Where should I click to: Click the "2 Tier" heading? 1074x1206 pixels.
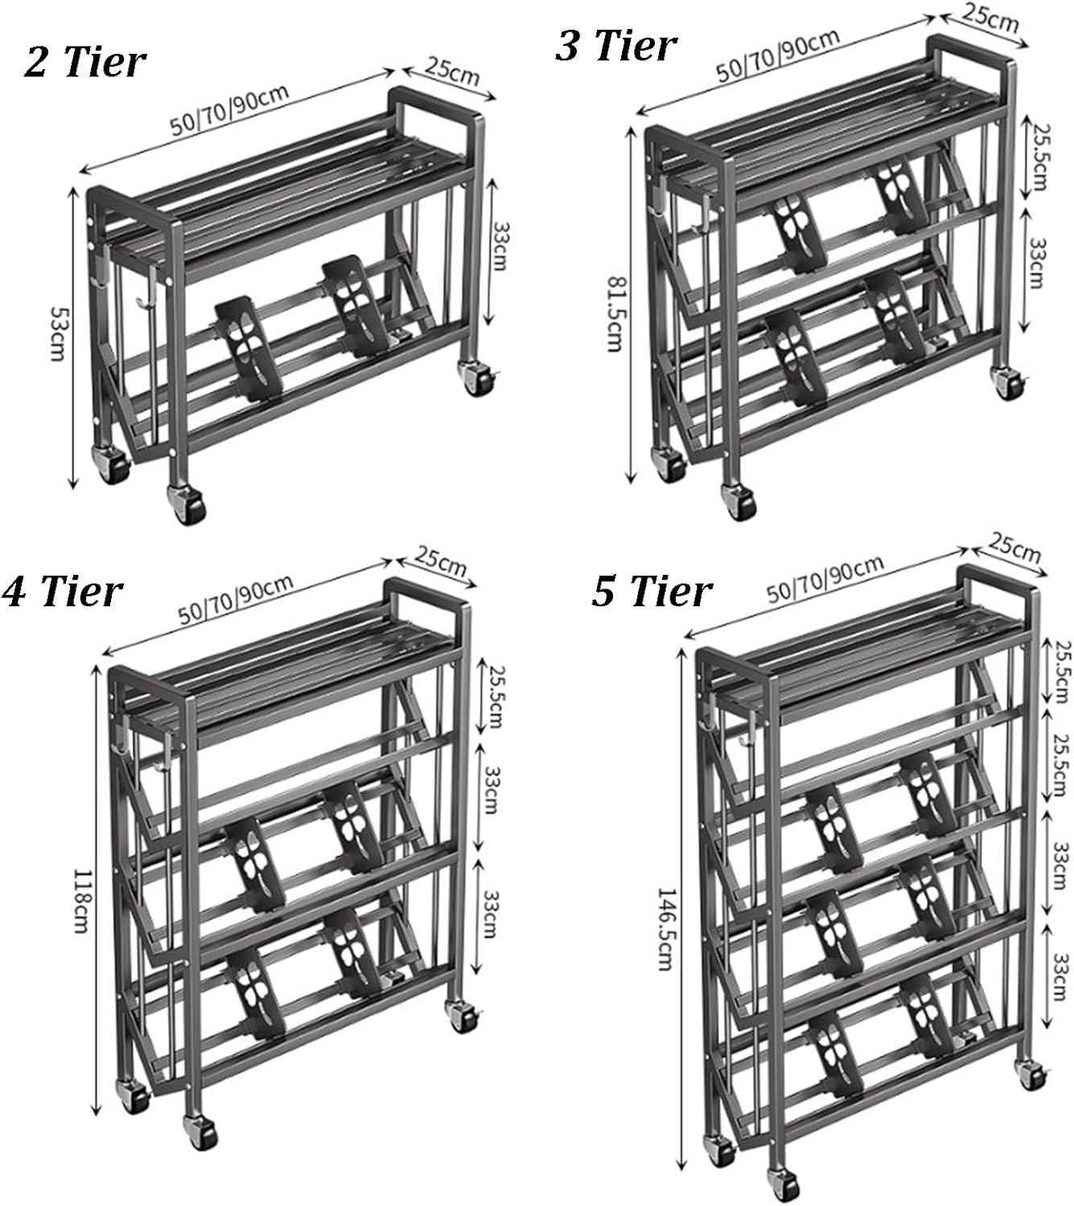click(x=84, y=61)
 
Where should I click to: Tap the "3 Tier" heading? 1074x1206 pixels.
click(x=615, y=45)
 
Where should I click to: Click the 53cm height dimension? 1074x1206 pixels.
click(x=57, y=331)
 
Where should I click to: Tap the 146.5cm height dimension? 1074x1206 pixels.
click(x=665, y=929)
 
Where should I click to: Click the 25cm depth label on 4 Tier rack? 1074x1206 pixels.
click(x=441, y=560)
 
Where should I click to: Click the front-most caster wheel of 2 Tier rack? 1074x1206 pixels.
click(x=186, y=505)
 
